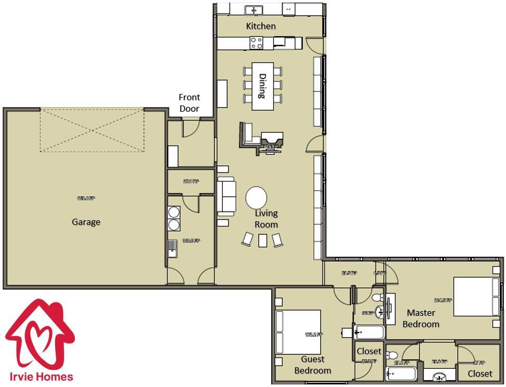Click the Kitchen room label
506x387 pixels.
point(261,26)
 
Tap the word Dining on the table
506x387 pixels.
point(263,86)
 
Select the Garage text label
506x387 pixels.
point(86,222)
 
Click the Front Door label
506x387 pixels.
point(189,103)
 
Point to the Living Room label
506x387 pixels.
point(266,219)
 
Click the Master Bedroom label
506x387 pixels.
point(421,318)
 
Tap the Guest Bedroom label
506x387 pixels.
point(312,365)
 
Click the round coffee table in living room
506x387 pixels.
point(256,197)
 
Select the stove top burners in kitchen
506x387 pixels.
point(256,43)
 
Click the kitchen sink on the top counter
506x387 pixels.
point(254,9)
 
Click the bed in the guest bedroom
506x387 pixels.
point(298,332)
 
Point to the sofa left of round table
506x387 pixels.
point(226,196)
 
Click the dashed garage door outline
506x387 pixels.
point(92,130)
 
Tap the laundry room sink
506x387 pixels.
point(172,248)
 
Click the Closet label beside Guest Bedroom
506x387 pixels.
point(369,352)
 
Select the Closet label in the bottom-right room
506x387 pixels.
point(479,373)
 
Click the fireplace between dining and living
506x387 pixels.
point(272,141)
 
